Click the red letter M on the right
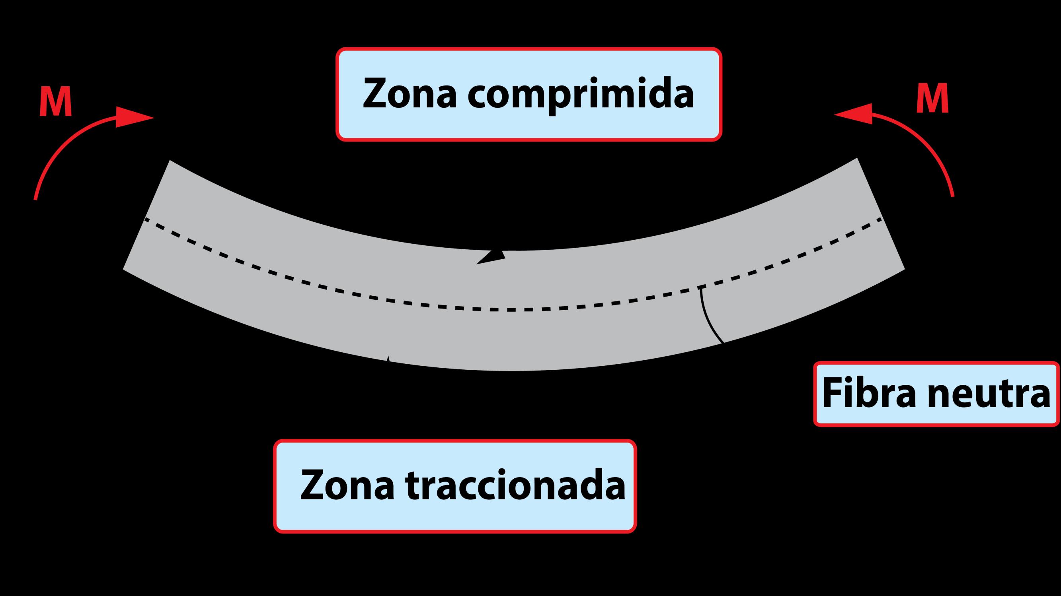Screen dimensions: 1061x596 tap(932, 99)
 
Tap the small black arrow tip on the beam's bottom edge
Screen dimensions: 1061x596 tap(388, 359)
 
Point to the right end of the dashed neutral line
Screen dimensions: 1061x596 tap(881, 219)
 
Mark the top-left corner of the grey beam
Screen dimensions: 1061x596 tap(170, 161)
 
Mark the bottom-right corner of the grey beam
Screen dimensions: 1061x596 tap(905, 269)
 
